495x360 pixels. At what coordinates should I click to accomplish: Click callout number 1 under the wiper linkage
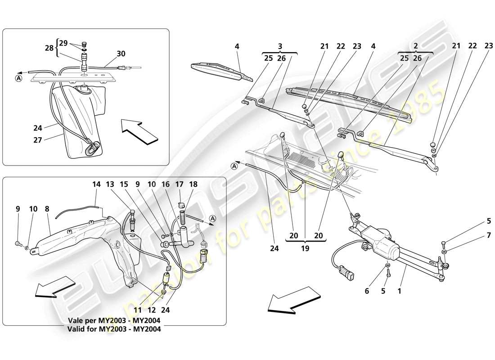[399, 291]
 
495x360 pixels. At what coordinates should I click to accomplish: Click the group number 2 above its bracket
[415, 46]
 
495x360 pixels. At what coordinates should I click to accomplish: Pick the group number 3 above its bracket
[279, 46]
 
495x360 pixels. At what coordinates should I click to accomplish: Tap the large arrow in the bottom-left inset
[55, 288]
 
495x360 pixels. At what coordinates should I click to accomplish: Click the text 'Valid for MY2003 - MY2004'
[114, 329]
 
